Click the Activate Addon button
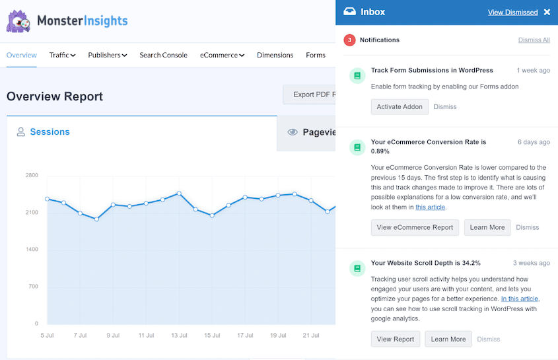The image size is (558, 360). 400,106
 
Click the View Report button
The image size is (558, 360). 395,339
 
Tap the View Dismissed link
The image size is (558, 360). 512,12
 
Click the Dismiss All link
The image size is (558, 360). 534,40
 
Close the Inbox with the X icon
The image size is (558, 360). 547,12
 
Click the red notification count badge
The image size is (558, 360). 349,40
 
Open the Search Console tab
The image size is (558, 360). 163,55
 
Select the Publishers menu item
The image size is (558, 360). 108,55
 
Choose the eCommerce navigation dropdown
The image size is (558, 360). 223,55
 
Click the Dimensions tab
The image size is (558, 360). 275,55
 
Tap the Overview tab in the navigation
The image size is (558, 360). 22,55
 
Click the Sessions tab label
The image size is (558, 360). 50,132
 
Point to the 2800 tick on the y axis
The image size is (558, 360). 32,176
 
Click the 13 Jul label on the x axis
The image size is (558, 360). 178,336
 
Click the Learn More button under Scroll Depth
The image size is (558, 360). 448,339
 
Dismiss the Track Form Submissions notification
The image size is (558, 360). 445,106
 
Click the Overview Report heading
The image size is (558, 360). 55,96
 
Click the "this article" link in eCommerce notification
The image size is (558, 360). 430,207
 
